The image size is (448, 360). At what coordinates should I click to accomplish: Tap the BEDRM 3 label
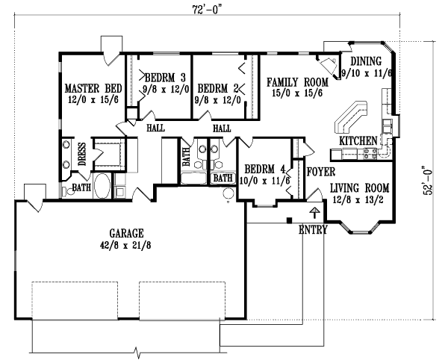coord(163,75)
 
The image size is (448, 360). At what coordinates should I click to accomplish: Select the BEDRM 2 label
coord(222,84)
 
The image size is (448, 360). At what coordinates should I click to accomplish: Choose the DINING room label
coord(367,61)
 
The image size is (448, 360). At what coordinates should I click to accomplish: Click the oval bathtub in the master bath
coord(102,186)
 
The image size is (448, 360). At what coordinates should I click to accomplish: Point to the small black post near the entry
coord(290,220)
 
